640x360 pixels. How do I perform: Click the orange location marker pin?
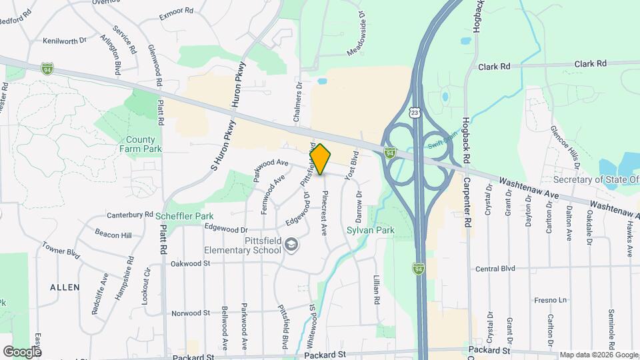click(x=320, y=159)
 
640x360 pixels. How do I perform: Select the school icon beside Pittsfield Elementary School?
click(x=291, y=245)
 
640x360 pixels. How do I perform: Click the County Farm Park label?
click(x=141, y=145)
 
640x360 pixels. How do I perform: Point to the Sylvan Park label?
click(x=371, y=231)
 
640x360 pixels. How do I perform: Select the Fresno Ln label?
click(x=550, y=300)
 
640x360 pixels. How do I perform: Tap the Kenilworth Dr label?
click(x=65, y=41)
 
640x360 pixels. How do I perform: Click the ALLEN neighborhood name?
click(x=65, y=287)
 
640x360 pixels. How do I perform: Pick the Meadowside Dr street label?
click(x=357, y=33)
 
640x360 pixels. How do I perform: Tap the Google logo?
click(x=22, y=351)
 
